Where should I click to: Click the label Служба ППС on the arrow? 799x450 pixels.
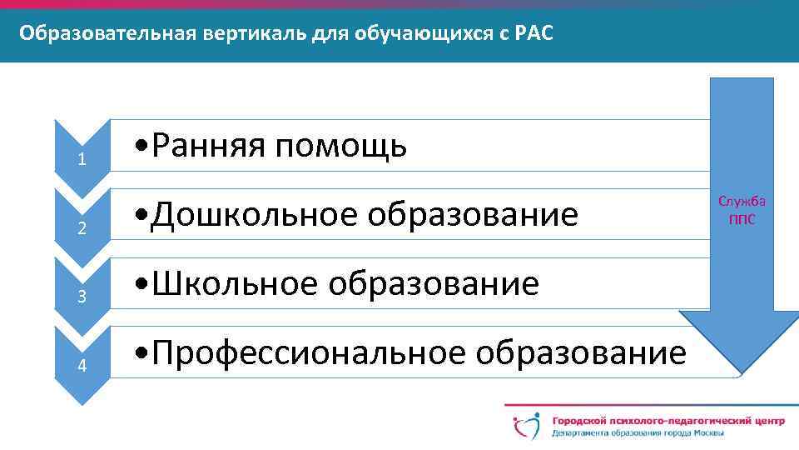[742, 209]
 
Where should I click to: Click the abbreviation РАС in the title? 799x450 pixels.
[533, 34]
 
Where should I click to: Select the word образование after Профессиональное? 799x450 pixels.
[580, 353]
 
